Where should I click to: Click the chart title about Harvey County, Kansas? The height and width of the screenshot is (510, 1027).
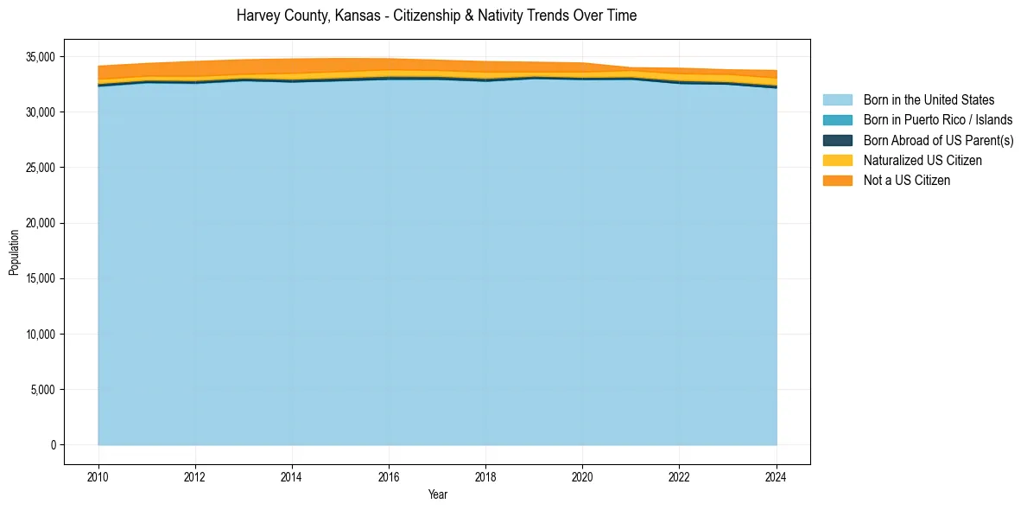[x=436, y=16]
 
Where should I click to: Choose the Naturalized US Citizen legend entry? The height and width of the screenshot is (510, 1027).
[x=922, y=160]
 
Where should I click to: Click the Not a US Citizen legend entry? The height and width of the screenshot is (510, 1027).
[x=907, y=180]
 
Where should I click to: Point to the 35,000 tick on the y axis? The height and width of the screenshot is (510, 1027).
[x=41, y=57]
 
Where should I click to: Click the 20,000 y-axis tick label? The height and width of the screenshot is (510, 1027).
[x=41, y=223]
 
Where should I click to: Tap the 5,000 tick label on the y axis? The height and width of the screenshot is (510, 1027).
[x=44, y=390]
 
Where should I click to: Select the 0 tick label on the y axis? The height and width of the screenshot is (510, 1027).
[x=53, y=445]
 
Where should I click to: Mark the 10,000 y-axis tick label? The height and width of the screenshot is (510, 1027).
[x=41, y=335]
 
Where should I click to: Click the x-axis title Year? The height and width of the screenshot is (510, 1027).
[x=437, y=494]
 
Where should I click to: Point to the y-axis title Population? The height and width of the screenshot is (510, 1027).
[x=14, y=252]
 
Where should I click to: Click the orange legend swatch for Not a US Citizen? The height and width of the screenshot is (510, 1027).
[x=837, y=180]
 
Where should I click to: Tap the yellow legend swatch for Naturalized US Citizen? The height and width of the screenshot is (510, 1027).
[x=837, y=160]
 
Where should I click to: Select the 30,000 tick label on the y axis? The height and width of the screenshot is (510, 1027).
[x=41, y=112]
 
